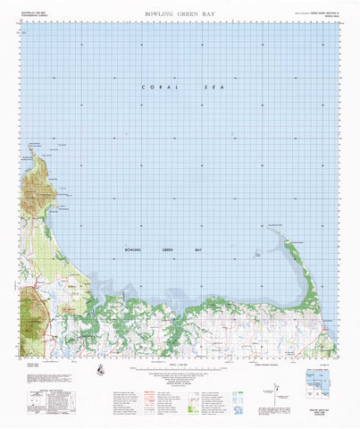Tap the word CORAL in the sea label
point(156,87)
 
